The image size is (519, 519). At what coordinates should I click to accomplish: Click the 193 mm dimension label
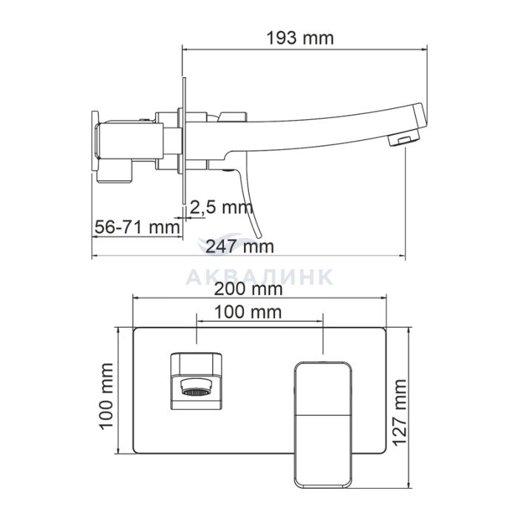[300, 39]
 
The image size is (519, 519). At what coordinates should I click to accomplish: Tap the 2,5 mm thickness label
[221, 208]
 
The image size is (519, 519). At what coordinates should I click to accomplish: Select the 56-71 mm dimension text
[137, 227]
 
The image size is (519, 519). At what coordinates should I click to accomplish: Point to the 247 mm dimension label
[240, 246]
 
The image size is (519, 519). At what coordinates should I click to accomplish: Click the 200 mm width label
[248, 289]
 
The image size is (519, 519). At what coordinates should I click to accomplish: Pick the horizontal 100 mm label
[248, 312]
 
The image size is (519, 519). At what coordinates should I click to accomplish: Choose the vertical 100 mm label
[107, 396]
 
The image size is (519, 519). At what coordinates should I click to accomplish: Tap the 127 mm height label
[400, 413]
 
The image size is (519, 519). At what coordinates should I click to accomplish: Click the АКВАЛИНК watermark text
[259, 277]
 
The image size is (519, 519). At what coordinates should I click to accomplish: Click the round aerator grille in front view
[196, 392]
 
